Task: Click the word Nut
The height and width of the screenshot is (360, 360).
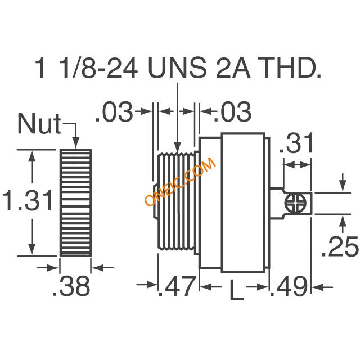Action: pos(39,124)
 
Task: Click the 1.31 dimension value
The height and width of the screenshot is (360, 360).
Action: pos(28,200)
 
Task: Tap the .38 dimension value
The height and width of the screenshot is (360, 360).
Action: pos(71,286)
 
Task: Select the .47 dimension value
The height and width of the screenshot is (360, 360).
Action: pos(177,286)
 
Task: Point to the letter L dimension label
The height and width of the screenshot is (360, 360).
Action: pos(237,289)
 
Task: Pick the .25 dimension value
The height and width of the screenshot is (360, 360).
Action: pos(340,246)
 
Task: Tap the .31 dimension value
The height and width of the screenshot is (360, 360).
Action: pos(296,143)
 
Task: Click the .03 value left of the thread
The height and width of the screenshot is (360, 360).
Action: pos(114,111)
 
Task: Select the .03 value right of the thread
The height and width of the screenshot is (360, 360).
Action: pos(232,111)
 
